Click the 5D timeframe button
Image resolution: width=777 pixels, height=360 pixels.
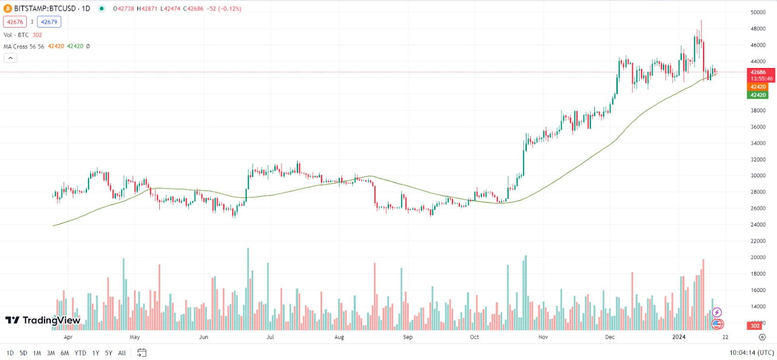point(23,353)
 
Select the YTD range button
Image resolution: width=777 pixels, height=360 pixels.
point(80,353)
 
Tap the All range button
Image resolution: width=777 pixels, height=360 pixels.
point(122,353)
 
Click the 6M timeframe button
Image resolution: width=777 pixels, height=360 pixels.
point(65,353)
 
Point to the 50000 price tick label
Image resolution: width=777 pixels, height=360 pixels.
point(758,12)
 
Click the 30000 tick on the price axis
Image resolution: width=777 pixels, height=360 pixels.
point(758,176)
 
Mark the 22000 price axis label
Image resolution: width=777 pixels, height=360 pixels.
point(758,241)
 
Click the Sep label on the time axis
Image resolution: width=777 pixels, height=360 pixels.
point(407,337)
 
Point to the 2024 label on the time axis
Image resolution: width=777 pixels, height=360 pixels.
point(678,337)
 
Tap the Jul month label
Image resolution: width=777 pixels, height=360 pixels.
point(270,337)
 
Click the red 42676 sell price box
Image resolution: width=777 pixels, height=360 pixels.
point(15,22)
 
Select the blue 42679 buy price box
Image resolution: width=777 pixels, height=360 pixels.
point(49,22)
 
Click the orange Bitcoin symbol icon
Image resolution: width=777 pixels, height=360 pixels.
point(7,8)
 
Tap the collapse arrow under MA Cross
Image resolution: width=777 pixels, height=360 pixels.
point(11,58)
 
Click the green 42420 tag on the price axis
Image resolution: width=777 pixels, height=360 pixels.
point(758,95)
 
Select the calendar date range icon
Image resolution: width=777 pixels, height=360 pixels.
point(141,353)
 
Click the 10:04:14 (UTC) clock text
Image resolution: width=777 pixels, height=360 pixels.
point(751,353)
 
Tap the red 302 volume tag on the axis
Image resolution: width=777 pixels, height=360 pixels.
point(755,326)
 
